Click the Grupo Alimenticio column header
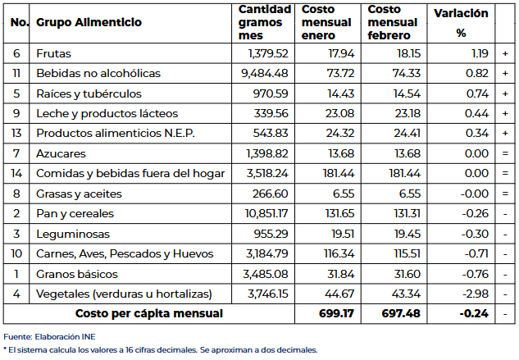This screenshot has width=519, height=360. (89, 22)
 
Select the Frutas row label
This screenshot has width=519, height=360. (54, 53)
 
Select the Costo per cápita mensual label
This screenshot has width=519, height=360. (149, 313)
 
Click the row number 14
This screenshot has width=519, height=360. (16, 173)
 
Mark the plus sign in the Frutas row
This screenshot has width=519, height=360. (504, 53)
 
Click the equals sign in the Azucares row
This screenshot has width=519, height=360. (504, 153)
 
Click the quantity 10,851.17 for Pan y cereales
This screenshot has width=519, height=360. (263, 213)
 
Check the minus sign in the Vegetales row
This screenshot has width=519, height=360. (504, 294)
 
